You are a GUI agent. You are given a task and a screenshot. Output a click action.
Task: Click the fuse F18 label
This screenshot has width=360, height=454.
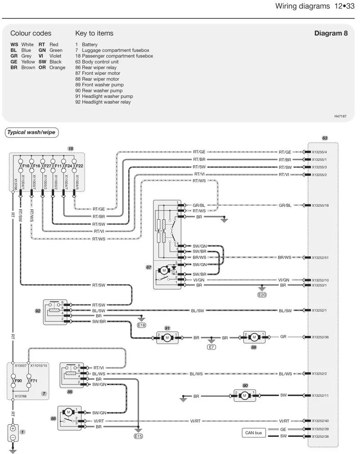(26, 166)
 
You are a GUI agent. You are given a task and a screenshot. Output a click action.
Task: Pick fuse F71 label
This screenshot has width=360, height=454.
(34, 381)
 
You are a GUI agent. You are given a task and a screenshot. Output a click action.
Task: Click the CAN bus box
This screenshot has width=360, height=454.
(253, 433)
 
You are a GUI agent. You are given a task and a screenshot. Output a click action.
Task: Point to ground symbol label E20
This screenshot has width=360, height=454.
(262, 295)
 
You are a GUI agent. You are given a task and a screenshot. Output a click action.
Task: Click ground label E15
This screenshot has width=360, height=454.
(138, 436)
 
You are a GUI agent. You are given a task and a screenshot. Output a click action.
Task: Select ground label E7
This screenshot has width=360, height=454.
(211, 347)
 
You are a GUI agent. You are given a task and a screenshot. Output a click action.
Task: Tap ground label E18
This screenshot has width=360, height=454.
(141, 325)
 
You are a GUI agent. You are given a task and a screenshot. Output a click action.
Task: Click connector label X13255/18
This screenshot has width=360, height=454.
(320, 205)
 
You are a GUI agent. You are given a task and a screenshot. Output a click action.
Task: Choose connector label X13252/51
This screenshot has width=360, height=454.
(320, 258)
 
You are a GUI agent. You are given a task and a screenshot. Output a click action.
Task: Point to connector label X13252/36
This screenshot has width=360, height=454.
(320, 337)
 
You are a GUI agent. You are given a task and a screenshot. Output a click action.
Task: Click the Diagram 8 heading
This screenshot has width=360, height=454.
(331, 33)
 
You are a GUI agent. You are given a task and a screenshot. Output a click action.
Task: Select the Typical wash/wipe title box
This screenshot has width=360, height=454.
(31, 132)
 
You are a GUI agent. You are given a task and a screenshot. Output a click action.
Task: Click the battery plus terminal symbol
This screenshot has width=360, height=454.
(13, 428)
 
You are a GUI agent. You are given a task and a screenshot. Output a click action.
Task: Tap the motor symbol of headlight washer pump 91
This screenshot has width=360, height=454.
(167, 338)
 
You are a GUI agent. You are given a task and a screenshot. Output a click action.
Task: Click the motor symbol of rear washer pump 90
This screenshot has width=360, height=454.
(244, 395)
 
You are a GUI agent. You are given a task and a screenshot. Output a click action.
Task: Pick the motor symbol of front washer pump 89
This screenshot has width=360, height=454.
(254, 337)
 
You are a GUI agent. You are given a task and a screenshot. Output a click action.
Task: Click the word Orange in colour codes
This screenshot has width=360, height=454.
(57, 68)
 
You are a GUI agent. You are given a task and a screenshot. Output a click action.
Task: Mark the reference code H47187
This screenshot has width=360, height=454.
(340, 116)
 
